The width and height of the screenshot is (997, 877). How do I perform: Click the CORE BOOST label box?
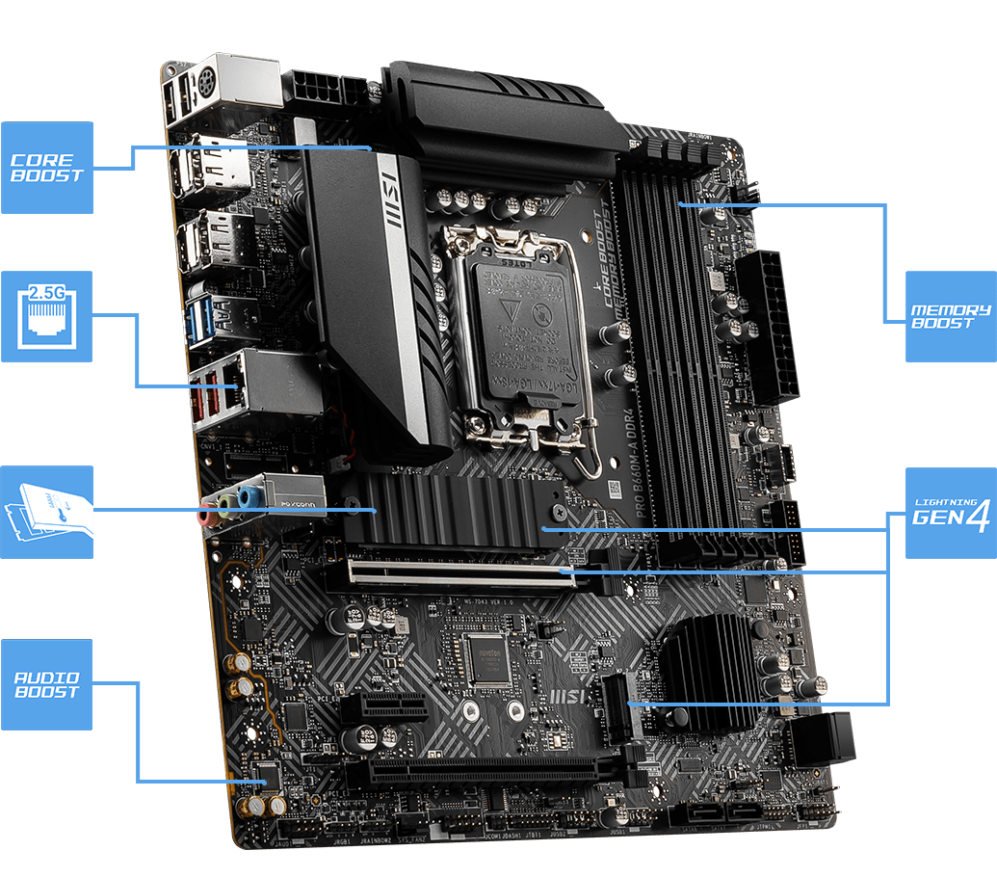pos(46,167)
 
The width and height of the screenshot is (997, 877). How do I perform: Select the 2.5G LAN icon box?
pos(46,316)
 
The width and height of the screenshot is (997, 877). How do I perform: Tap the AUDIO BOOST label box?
pos(46,684)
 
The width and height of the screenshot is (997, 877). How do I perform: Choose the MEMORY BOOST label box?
pos(950,317)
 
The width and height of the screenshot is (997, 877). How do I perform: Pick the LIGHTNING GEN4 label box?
pos(950,513)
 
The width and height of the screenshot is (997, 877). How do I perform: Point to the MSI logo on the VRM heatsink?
pos(391,200)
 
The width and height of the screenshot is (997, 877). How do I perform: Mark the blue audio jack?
pos(248,496)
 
